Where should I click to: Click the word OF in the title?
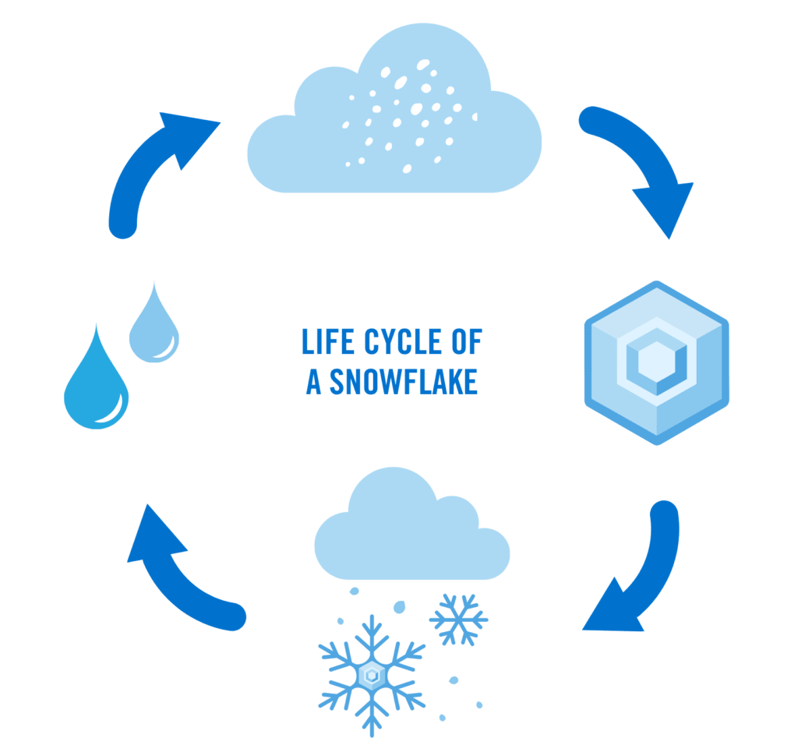pyautogui.click(x=466, y=342)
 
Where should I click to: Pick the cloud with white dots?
pyautogui.click(x=394, y=117)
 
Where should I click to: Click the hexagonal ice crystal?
pyautogui.click(x=657, y=362)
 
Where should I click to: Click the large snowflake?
pyautogui.click(x=373, y=674)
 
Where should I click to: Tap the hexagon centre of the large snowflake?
pyautogui.click(x=373, y=675)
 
